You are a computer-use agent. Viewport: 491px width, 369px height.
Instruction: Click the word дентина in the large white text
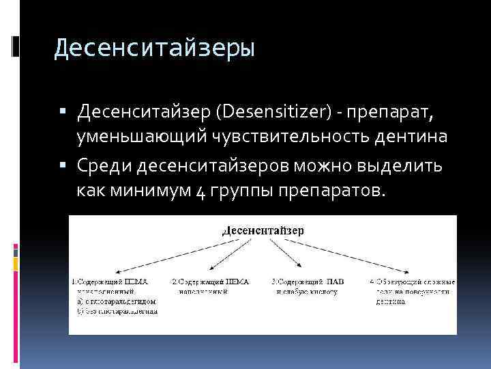412,137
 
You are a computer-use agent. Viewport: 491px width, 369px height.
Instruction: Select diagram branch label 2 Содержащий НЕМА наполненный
210,286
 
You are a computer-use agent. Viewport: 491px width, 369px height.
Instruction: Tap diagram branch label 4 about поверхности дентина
413,290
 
